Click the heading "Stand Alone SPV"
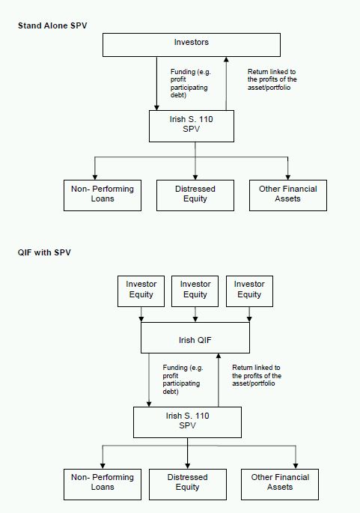(52, 25)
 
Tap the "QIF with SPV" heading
(44, 252)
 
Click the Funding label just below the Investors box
(191, 83)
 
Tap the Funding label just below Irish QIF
(183, 380)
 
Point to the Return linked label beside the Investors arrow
(272, 79)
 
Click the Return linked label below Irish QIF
(257, 376)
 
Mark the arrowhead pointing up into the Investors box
(226, 59)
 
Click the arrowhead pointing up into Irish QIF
(219, 356)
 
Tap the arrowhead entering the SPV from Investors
(156, 108)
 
